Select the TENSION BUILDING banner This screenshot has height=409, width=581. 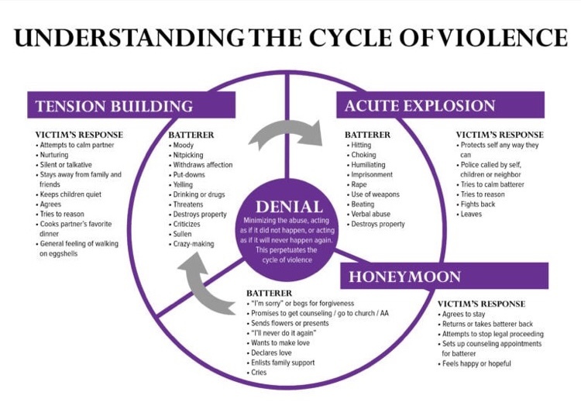[131, 105]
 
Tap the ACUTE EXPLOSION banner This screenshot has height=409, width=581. [440, 105]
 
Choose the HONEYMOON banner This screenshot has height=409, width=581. [445, 276]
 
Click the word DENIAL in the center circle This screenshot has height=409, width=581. [289, 207]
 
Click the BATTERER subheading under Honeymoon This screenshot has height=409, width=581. [270, 293]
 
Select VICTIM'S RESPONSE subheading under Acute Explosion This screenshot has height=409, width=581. [500, 135]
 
